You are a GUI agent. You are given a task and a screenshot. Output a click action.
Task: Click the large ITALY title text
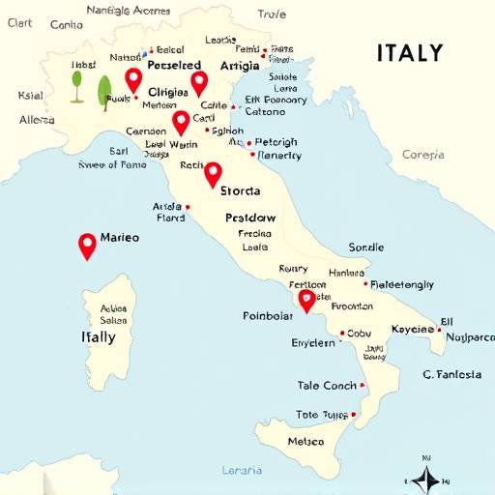pyautogui.click(x=410, y=53)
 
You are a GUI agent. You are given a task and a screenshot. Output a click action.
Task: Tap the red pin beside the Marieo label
pyautogui.click(x=87, y=245)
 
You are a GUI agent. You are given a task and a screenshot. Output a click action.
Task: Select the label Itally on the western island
pyautogui.click(x=98, y=337)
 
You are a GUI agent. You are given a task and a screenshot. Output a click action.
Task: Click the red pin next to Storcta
pyautogui.click(x=213, y=174)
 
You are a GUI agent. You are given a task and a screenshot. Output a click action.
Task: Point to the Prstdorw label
pyautogui.click(x=250, y=218)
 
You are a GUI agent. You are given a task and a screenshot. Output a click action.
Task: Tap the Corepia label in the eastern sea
pyautogui.click(x=423, y=154)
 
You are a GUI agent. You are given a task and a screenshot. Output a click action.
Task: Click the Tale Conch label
pyautogui.click(x=327, y=386)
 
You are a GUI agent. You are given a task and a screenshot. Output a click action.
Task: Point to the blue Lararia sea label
pyautogui.click(x=241, y=471)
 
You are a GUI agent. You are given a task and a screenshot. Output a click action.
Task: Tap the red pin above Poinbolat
pyautogui.click(x=306, y=300)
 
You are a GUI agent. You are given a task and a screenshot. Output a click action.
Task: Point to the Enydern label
pyautogui.click(x=313, y=342)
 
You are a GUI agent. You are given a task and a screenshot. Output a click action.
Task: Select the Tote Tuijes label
pyautogui.click(x=321, y=415)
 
